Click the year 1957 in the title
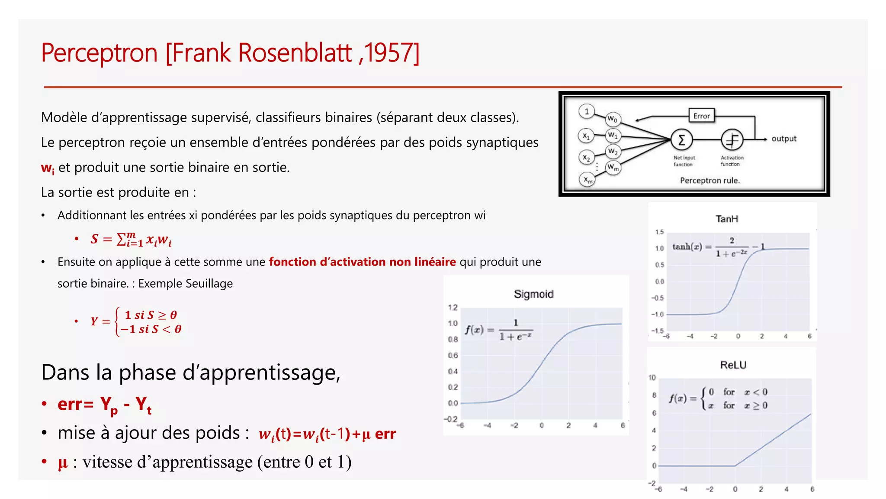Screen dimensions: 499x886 click(391, 53)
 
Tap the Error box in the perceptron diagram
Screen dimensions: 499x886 click(701, 116)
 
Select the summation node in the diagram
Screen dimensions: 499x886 click(681, 140)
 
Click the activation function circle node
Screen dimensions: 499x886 click(732, 140)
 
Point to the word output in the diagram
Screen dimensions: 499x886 click(784, 139)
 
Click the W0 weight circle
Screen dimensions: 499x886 click(613, 119)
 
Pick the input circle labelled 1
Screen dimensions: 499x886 click(587, 111)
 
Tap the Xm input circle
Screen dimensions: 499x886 click(587, 179)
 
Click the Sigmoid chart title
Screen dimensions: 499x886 click(533, 294)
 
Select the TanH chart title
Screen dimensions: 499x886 click(727, 219)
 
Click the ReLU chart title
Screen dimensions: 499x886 click(733, 365)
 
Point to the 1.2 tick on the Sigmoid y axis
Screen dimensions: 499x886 click(453, 308)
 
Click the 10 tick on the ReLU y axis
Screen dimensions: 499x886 click(652, 378)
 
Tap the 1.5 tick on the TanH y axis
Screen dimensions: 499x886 click(659, 232)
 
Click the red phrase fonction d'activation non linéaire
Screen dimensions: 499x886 click(362, 262)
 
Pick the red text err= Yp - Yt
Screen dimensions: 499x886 click(104, 405)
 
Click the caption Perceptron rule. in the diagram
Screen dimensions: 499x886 click(710, 180)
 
